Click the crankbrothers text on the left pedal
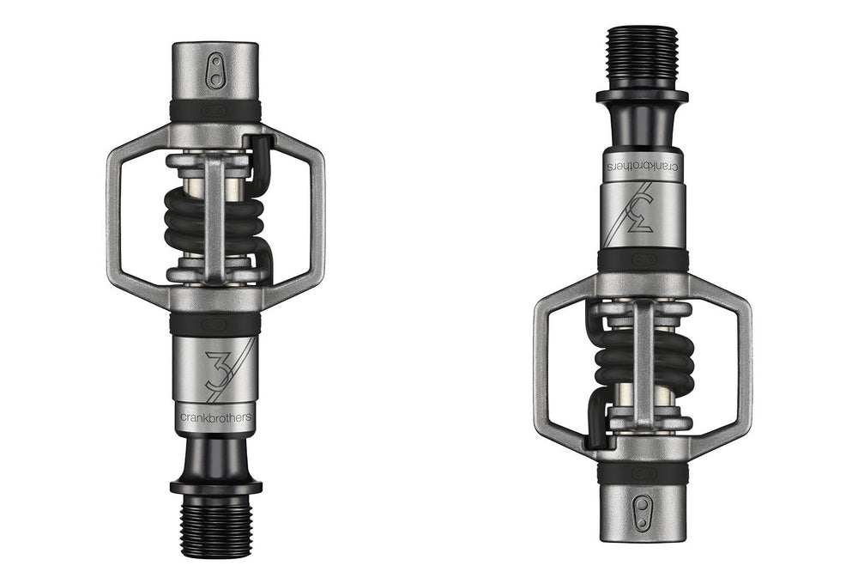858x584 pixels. pyautogui.click(x=214, y=417)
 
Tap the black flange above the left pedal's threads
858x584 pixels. pyautogui.click(x=214, y=486)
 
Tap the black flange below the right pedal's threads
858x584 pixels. pyautogui.click(x=643, y=95)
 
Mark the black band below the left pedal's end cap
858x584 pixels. pyautogui.click(x=215, y=110)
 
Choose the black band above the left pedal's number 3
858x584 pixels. pyautogui.click(x=214, y=324)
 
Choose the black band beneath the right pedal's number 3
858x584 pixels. pyautogui.click(x=643, y=259)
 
